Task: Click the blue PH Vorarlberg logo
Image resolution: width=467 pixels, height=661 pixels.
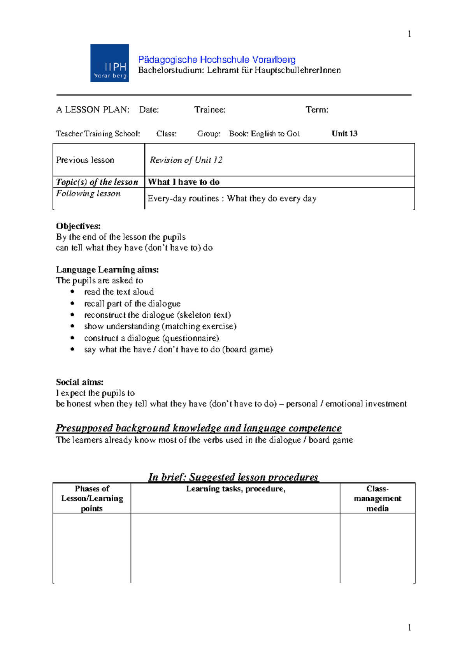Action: [x=109, y=63]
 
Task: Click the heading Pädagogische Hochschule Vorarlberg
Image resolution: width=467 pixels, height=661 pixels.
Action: [x=217, y=60]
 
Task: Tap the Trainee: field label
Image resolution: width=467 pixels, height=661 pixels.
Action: [x=210, y=110]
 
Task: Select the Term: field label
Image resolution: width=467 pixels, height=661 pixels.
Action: [x=317, y=110]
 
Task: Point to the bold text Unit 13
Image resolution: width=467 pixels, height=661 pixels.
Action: [x=344, y=134]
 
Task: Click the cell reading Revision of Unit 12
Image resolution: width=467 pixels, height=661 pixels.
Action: [x=186, y=160]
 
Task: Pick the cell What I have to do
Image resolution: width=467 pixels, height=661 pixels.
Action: [x=184, y=182]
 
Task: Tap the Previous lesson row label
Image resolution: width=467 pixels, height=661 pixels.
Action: [x=85, y=160]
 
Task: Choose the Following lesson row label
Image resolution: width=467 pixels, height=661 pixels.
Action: [x=88, y=193]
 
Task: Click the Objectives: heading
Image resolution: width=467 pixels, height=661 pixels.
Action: [x=78, y=226]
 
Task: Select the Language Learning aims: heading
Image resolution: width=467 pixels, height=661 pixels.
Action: [x=107, y=270]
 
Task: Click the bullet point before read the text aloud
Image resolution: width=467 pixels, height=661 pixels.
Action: [x=72, y=292]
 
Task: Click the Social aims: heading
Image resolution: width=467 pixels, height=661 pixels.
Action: [x=80, y=382]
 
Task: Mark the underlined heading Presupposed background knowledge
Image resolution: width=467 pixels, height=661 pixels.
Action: [x=198, y=428]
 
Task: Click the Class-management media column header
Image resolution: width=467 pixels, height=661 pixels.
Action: [x=377, y=498]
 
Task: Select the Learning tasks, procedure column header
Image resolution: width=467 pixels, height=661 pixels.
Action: [x=235, y=489]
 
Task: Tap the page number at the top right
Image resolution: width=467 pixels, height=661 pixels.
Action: [x=409, y=34]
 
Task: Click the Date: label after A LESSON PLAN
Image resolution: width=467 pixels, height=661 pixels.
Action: [x=149, y=110]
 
